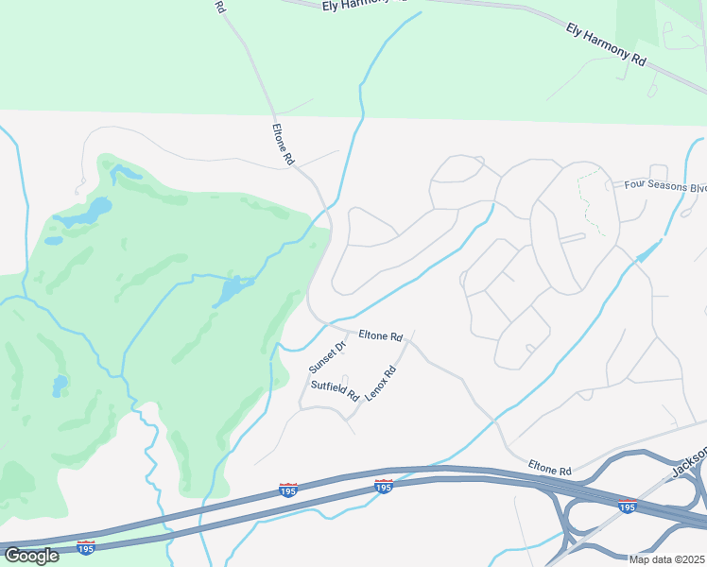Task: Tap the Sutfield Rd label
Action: [x=335, y=388]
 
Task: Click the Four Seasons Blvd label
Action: [x=664, y=185]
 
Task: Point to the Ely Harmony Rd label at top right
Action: [x=606, y=44]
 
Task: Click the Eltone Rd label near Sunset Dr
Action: [x=381, y=335]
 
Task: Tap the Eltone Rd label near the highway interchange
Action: [x=550, y=468]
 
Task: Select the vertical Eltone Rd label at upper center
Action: [x=283, y=146]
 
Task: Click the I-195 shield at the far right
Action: [x=627, y=507]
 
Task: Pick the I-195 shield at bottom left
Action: [x=85, y=547]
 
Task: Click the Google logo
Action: [x=31, y=555]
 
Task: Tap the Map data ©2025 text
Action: [x=666, y=559]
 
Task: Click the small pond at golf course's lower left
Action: [x=60, y=386]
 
